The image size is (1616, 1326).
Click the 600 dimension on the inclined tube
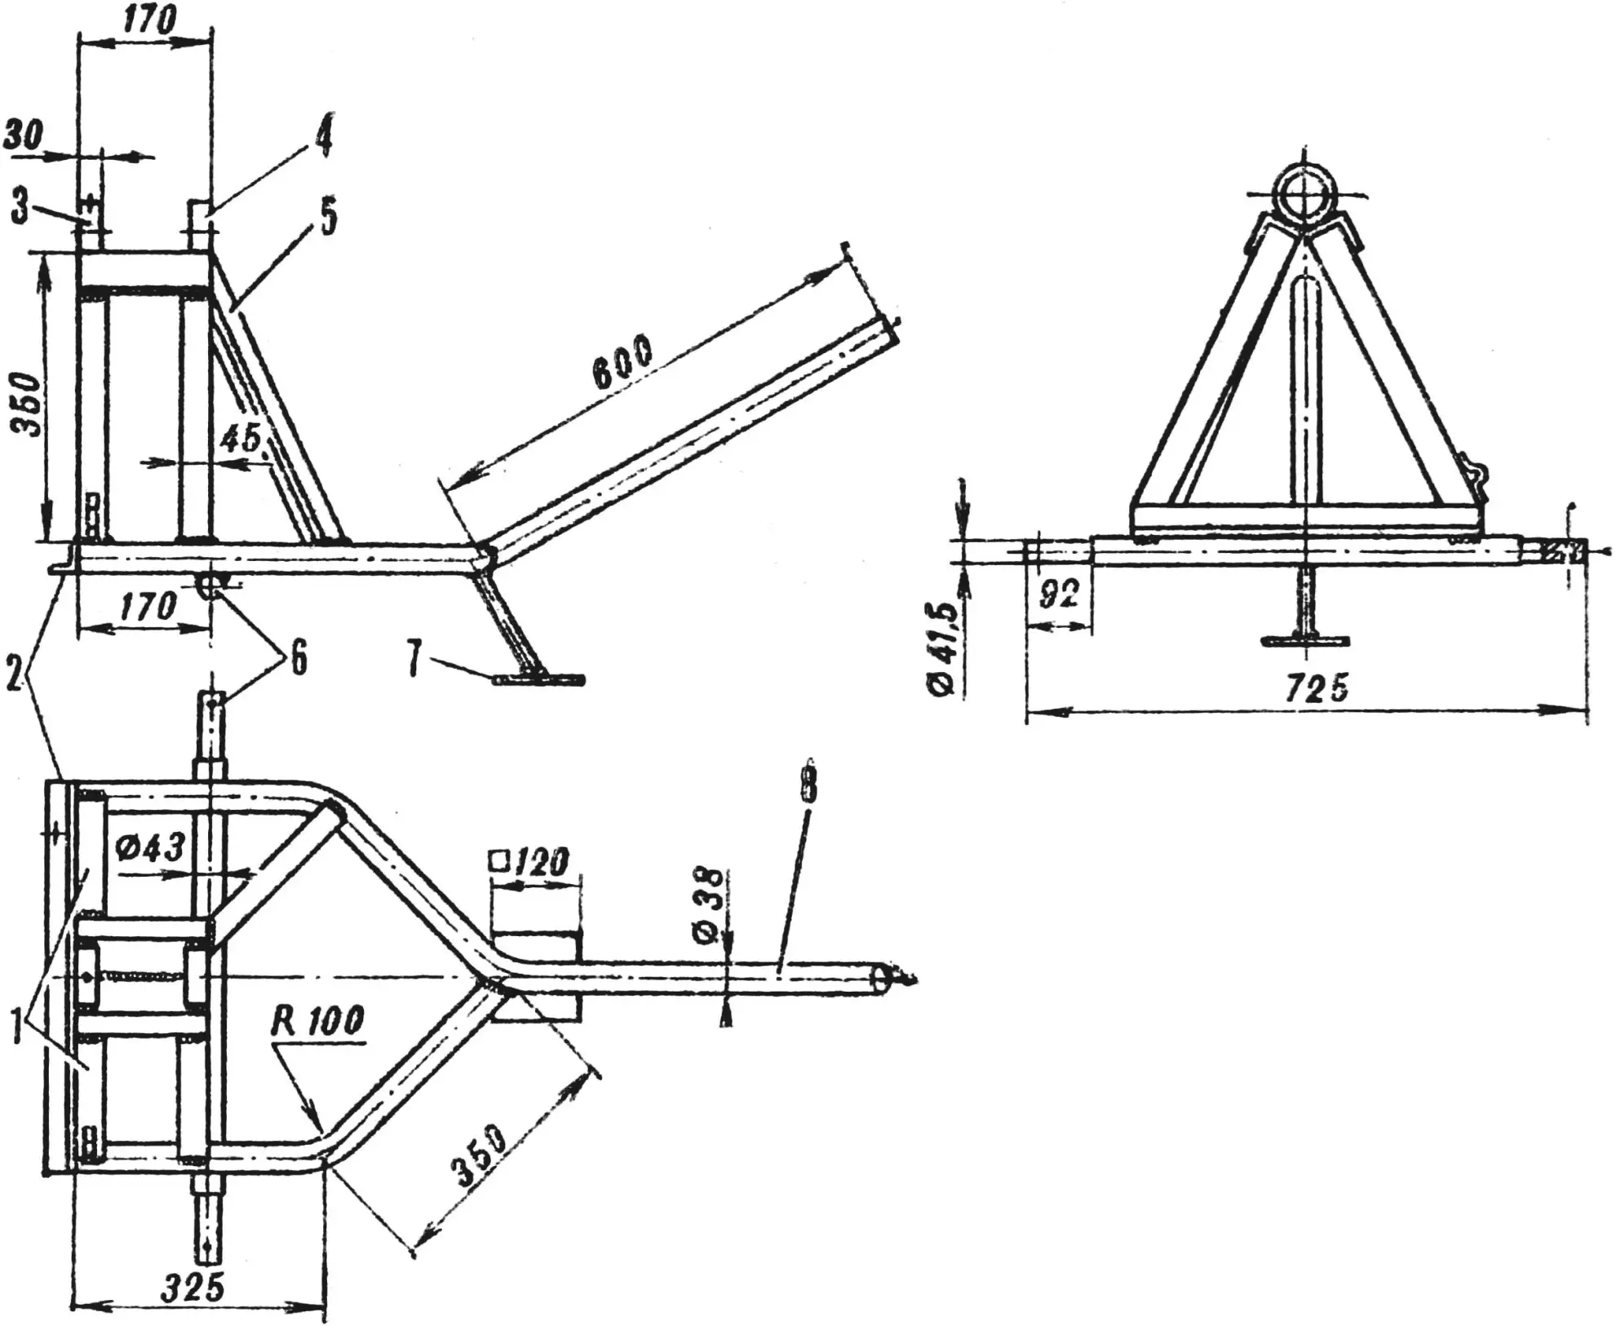tap(622, 361)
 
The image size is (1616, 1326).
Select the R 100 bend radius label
tap(318, 1021)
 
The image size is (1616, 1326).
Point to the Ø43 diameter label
tap(150, 849)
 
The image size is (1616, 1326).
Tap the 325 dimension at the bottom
tap(192, 1288)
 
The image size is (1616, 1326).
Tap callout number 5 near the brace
tap(329, 219)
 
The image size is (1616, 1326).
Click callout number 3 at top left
tap(20, 208)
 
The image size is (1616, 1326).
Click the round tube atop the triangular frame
tap(1304, 196)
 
